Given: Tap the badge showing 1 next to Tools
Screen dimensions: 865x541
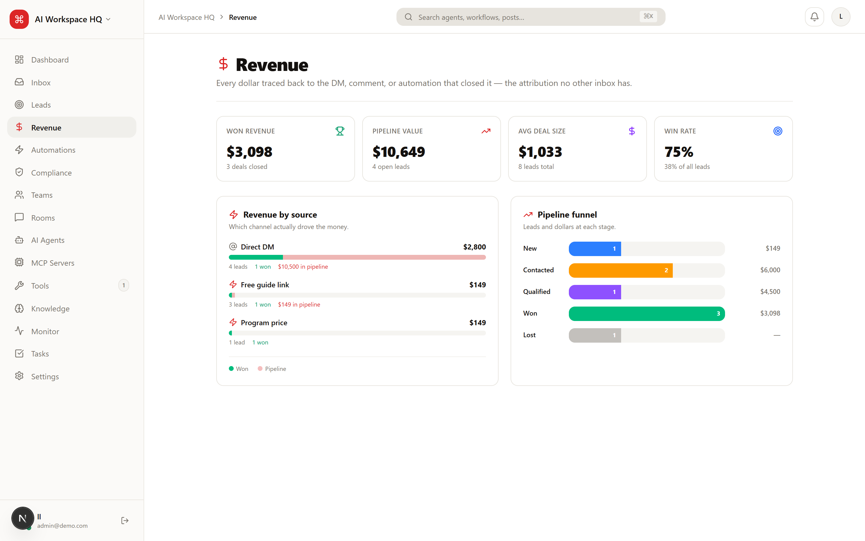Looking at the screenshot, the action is (x=124, y=286).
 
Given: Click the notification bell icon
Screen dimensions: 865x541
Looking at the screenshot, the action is (x=814, y=17).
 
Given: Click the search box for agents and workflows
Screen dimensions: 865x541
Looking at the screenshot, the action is (x=530, y=17).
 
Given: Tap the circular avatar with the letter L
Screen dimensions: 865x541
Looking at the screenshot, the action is (x=841, y=17).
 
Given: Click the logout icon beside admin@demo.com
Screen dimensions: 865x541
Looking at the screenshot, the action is (x=125, y=520).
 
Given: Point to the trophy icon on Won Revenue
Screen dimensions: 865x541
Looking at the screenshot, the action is (x=340, y=131).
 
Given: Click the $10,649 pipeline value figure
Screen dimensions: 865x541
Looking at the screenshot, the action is (x=399, y=152).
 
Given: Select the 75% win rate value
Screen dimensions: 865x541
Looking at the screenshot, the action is (x=679, y=152).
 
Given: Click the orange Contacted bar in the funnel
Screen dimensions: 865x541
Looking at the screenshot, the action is (x=621, y=270).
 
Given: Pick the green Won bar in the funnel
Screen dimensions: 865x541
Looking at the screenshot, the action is (x=647, y=313).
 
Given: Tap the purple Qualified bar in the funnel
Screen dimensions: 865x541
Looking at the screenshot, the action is (x=595, y=292).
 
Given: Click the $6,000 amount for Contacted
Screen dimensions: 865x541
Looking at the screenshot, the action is (x=770, y=270).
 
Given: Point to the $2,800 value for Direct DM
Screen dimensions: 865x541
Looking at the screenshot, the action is (x=474, y=247).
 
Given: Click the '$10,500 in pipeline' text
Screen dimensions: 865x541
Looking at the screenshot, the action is (x=303, y=267).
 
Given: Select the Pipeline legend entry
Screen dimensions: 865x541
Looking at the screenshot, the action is (x=272, y=368).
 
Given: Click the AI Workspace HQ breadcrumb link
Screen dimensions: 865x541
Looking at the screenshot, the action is (x=187, y=17).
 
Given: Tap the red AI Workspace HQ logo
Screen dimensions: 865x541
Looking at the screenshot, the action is (x=19, y=19).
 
